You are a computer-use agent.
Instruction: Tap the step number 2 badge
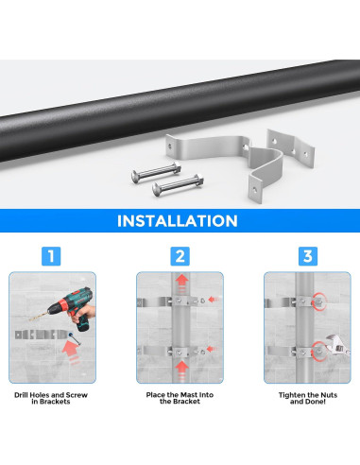(x=180, y=256)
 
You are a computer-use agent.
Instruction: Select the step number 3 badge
(x=307, y=256)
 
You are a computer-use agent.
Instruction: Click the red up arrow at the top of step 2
(x=180, y=284)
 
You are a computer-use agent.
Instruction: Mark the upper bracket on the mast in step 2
(x=180, y=303)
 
